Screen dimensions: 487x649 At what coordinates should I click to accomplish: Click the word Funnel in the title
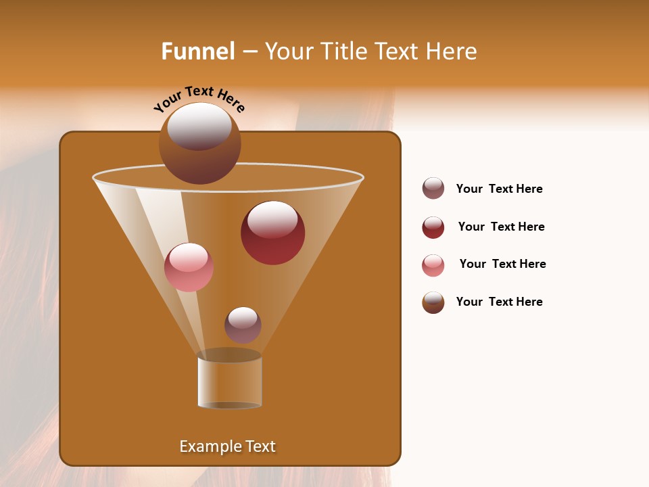point(197,51)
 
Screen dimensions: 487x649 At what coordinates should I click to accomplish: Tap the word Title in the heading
point(343,51)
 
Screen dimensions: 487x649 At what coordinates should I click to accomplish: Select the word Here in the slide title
point(451,51)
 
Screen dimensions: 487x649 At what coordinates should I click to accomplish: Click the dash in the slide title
point(249,52)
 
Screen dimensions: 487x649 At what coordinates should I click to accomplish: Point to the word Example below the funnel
point(209,446)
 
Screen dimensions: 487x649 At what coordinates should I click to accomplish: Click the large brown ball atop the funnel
point(199,143)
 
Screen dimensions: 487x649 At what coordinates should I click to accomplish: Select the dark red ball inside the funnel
point(272,233)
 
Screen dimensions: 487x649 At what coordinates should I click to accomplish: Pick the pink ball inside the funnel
point(189,267)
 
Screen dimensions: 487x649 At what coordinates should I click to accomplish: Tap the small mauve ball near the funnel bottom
point(243,325)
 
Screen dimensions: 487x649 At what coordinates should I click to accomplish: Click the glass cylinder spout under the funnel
point(229,382)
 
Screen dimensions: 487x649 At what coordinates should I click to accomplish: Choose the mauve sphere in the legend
point(433,188)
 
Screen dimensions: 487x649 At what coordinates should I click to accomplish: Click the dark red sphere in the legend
point(433,227)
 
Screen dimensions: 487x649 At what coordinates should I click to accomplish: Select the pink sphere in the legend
point(433,265)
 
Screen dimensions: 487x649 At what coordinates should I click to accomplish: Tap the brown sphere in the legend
point(433,302)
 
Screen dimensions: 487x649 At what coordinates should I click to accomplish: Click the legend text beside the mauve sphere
point(499,189)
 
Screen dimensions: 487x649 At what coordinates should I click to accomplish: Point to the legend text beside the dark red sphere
point(501,227)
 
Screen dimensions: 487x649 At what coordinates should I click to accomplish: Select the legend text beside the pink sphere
point(502,264)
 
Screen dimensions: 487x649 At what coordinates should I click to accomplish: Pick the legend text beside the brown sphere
point(499,302)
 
